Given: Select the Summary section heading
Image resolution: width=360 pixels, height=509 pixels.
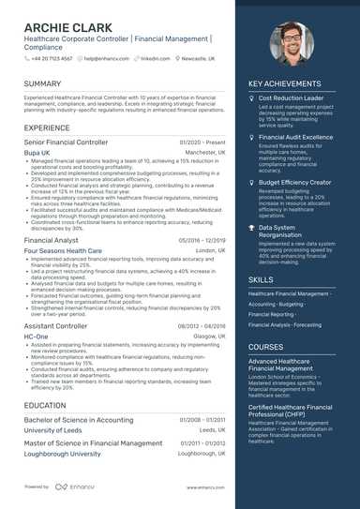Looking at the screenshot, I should tap(43, 84).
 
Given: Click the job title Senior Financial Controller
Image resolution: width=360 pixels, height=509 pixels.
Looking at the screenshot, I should tap(66, 142).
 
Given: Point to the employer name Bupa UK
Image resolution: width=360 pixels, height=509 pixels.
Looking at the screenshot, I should tap(37, 152).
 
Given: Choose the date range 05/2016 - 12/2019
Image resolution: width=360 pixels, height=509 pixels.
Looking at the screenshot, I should tap(202, 241).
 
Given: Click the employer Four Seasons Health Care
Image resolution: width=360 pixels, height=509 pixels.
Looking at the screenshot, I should tap(63, 251).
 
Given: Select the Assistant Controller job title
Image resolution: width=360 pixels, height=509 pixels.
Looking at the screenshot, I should tap(55, 326).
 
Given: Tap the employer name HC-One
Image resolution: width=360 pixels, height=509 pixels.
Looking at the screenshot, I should tap(36, 336).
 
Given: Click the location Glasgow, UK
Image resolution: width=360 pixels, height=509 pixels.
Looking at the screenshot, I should tap(209, 336).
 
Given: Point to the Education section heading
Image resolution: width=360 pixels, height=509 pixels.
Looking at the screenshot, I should tap(45, 405).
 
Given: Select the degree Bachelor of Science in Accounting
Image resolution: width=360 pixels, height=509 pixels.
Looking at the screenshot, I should tap(78, 420).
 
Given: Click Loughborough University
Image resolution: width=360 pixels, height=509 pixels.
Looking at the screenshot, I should tap(62, 454).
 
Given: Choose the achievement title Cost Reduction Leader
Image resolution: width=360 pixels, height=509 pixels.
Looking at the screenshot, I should tap(291, 97).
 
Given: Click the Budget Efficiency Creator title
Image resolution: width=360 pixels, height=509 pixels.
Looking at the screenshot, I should tap(294, 182).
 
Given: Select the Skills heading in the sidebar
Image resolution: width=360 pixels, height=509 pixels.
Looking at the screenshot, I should tap(262, 279).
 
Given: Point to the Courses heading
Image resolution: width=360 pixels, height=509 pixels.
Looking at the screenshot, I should tap(266, 347).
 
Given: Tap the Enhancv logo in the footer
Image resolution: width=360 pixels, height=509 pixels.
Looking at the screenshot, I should tap(75, 487).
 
